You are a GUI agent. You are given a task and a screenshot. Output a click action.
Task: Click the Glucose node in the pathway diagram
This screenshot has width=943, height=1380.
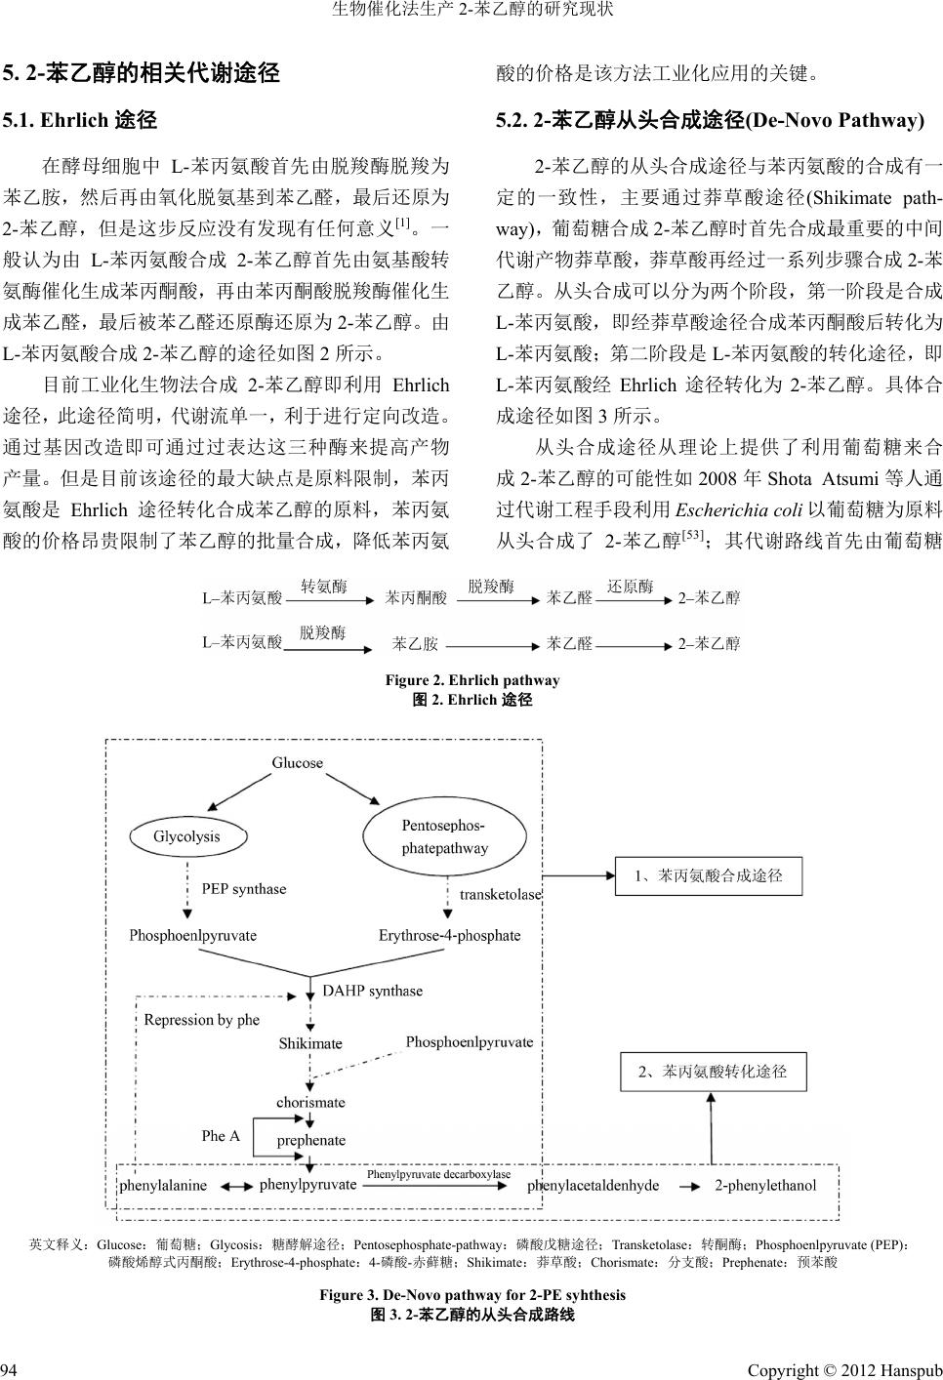coord(297,762)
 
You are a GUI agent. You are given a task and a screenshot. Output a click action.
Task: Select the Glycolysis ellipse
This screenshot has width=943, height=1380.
coord(186,836)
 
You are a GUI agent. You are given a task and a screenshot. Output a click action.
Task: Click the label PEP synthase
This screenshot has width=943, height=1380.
coord(244,889)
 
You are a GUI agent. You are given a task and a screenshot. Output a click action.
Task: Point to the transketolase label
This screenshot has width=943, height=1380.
coord(500,894)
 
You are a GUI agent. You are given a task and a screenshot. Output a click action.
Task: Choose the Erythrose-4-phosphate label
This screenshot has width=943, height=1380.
coord(449,935)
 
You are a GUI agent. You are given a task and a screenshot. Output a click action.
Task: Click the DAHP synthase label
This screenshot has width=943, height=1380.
coord(372,991)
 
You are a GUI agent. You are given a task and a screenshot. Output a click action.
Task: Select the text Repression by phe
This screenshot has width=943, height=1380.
coord(201,1020)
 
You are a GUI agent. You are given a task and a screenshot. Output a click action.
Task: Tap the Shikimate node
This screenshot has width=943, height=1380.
coord(310,1043)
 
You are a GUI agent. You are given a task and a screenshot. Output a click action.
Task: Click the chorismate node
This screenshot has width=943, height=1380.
coord(310,1102)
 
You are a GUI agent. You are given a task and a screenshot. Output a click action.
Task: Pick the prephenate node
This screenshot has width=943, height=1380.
coord(310,1140)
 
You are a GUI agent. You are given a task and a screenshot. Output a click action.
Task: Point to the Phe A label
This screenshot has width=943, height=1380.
coord(221,1136)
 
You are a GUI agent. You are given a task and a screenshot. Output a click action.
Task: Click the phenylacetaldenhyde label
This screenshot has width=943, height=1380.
coord(593,1186)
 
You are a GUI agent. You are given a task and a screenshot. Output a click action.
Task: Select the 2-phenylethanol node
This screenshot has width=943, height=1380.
coord(765,1186)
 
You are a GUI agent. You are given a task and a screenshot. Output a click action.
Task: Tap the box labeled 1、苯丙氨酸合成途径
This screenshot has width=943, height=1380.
coord(708,876)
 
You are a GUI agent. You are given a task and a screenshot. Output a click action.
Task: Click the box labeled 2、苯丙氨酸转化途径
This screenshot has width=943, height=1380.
coord(712,1072)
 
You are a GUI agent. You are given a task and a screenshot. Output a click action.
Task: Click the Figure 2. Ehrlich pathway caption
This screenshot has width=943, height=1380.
coord(472,680)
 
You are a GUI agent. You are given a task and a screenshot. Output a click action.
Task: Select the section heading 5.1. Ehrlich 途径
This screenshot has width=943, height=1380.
coord(80,122)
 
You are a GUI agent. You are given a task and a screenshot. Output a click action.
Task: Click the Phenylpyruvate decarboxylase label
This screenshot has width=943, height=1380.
coord(438,1174)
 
